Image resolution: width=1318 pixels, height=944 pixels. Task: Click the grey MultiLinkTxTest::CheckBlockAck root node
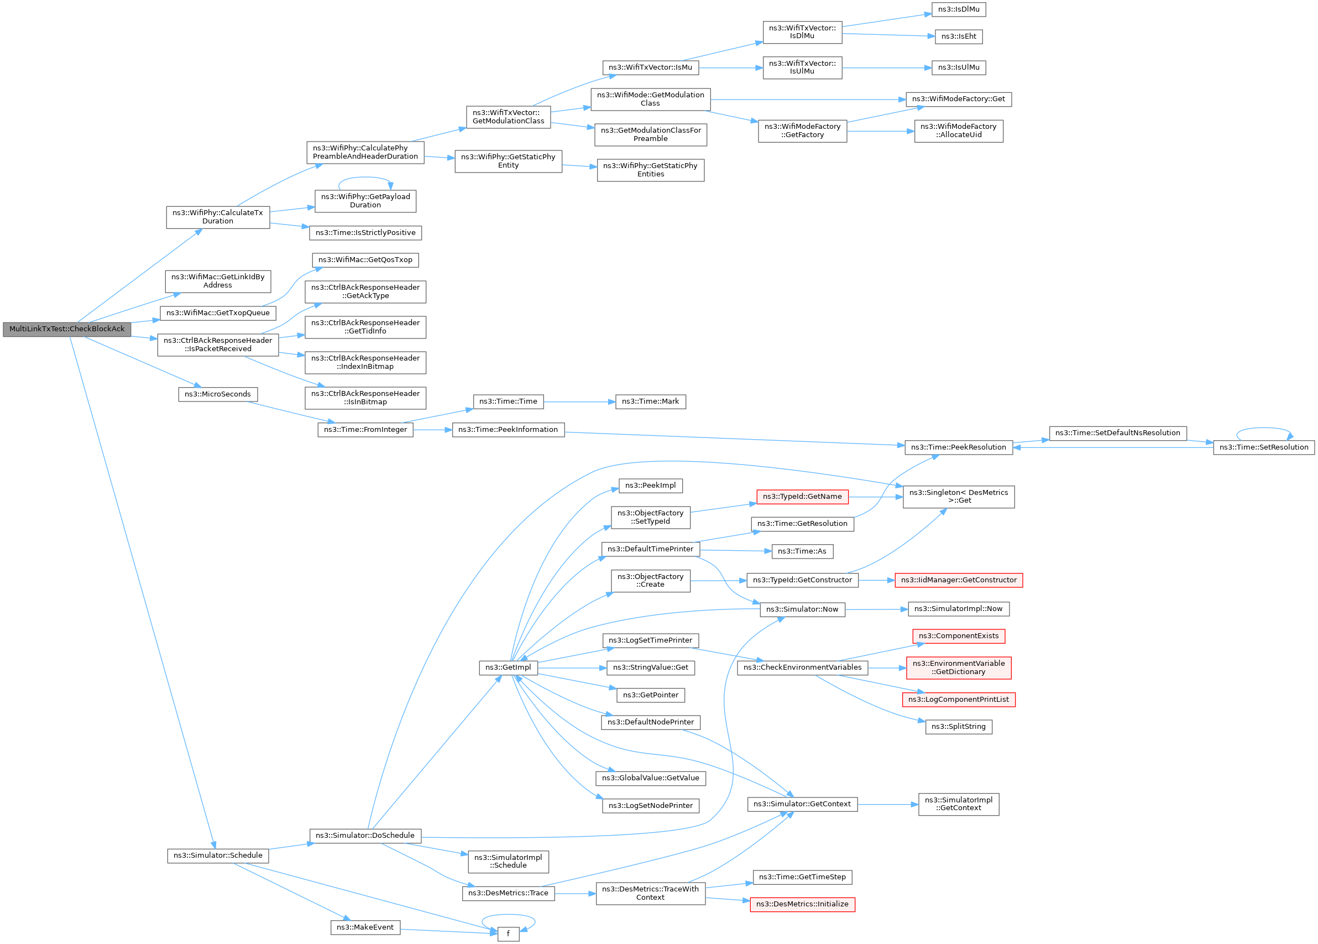pyautogui.click(x=67, y=329)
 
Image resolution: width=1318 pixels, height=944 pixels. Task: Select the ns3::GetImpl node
pyautogui.click(x=508, y=667)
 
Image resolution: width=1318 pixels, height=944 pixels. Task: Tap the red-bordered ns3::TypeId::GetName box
pyautogui.click(x=802, y=497)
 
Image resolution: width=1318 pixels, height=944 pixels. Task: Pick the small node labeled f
pyautogui.click(x=508, y=933)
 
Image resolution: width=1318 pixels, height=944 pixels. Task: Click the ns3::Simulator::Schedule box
pyautogui.click(x=218, y=856)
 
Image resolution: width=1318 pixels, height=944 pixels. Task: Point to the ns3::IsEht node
pyautogui.click(x=958, y=36)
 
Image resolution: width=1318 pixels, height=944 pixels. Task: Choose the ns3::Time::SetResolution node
pyautogui.click(x=1263, y=447)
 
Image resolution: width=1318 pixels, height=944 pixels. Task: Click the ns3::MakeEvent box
pyautogui.click(x=365, y=927)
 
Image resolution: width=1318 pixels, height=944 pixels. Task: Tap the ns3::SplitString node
pyautogui.click(x=958, y=727)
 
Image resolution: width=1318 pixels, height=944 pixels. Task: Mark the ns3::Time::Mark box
pyautogui.click(x=650, y=401)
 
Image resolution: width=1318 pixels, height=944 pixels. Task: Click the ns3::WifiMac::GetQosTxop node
pyautogui.click(x=365, y=260)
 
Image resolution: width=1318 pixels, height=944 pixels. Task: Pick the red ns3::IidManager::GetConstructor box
pyautogui.click(x=958, y=580)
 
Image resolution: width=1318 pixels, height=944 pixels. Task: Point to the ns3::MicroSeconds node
pyautogui.click(x=217, y=394)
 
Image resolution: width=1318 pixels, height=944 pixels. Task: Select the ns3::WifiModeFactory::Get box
pyautogui.click(x=958, y=99)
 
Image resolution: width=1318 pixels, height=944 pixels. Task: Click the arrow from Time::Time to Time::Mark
pyautogui.click(x=579, y=401)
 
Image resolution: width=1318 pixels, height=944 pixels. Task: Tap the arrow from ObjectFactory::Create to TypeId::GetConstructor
pyautogui.click(x=718, y=581)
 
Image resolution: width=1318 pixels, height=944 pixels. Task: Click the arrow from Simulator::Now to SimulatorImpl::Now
pyautogui.click(x=876, y=609)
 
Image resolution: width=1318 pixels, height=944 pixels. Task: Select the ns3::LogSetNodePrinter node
pyautogui.click(x=650, y=806)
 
